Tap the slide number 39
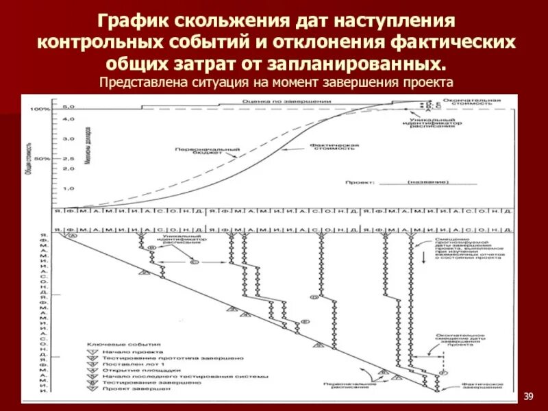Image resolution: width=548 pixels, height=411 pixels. pyautogui.click(x=528, y=396)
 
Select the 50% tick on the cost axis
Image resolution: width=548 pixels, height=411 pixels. pyautogui.click(x=43, y=158)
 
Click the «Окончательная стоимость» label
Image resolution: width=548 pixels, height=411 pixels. pyautogui.click(x=487, y=101)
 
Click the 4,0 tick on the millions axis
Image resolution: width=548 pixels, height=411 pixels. pyautogui.click(x=68, y=119)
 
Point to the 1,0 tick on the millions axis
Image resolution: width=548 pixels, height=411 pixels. pyautogui.click(x=68, y=188)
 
